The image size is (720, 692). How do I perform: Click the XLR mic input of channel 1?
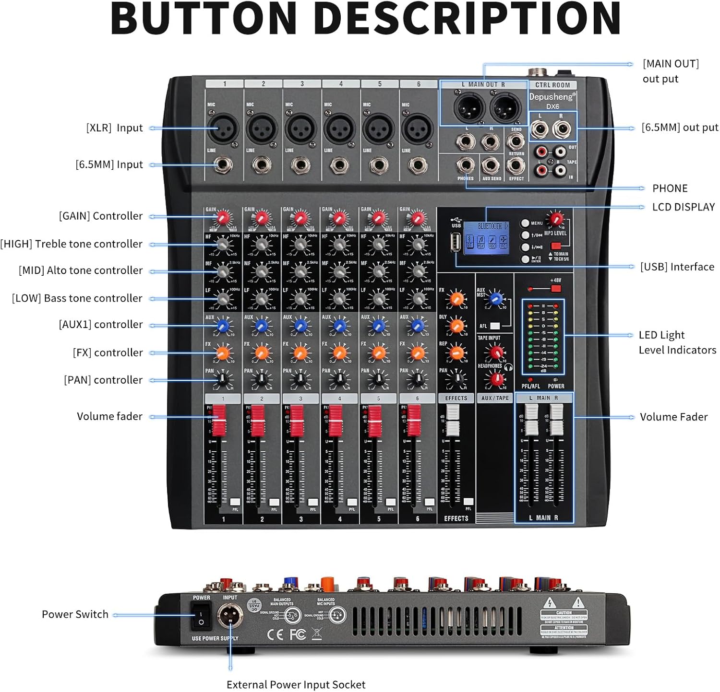[x=223, y=128]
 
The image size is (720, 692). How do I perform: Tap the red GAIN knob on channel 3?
[x=300, y=219]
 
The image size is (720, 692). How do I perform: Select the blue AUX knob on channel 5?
[x=378, y=326]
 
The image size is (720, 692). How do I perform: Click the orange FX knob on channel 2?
[x=262, y=353]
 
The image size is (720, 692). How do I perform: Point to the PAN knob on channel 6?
[x=417, y=380]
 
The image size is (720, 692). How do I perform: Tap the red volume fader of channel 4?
[x=336, y=420]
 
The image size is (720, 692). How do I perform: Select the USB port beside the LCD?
[x=455, y=242]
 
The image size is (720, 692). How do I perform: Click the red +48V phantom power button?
[x=556, y=288]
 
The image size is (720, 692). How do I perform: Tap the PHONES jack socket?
[x=465, y=165]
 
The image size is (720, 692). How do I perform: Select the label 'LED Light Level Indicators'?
[x=677, y=342]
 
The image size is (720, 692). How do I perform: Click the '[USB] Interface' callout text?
[x=677, y=267]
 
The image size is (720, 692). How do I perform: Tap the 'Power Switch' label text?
[x=75, y=614]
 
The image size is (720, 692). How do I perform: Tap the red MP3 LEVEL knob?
[x=556, y=220]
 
